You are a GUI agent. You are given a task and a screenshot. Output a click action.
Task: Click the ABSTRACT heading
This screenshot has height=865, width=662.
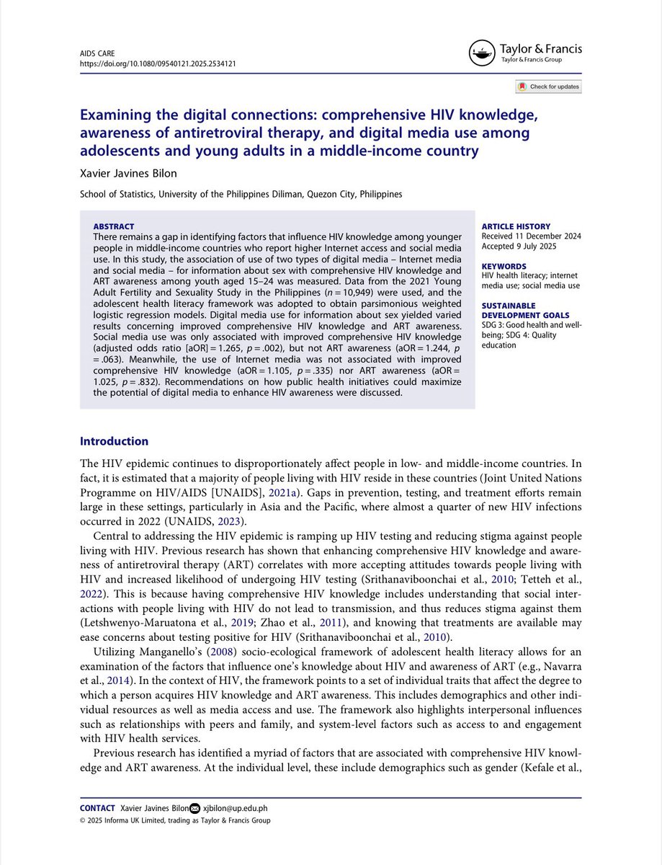coord(114,226)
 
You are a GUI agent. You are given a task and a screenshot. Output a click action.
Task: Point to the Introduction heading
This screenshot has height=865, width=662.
coord(114,441)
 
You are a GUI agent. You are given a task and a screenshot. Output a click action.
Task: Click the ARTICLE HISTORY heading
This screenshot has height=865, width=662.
coord(516,226)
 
